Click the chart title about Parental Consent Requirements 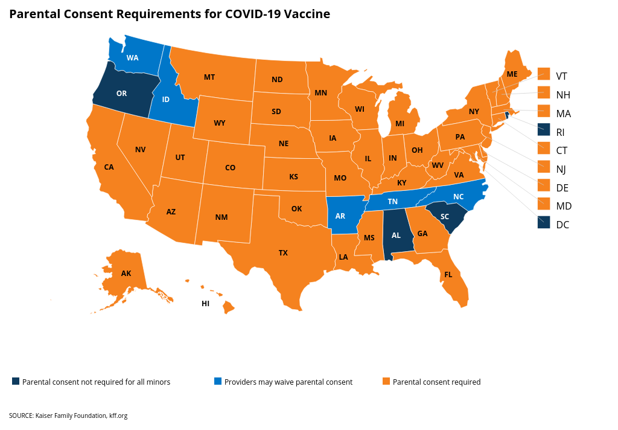170,14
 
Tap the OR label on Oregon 121,93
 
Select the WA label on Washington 133,59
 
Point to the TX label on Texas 283,253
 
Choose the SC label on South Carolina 444,217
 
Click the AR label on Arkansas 340,216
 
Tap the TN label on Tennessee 392,201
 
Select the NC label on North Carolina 458,196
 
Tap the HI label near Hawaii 205,303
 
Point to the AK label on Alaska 126,274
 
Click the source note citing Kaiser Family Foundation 68,416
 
